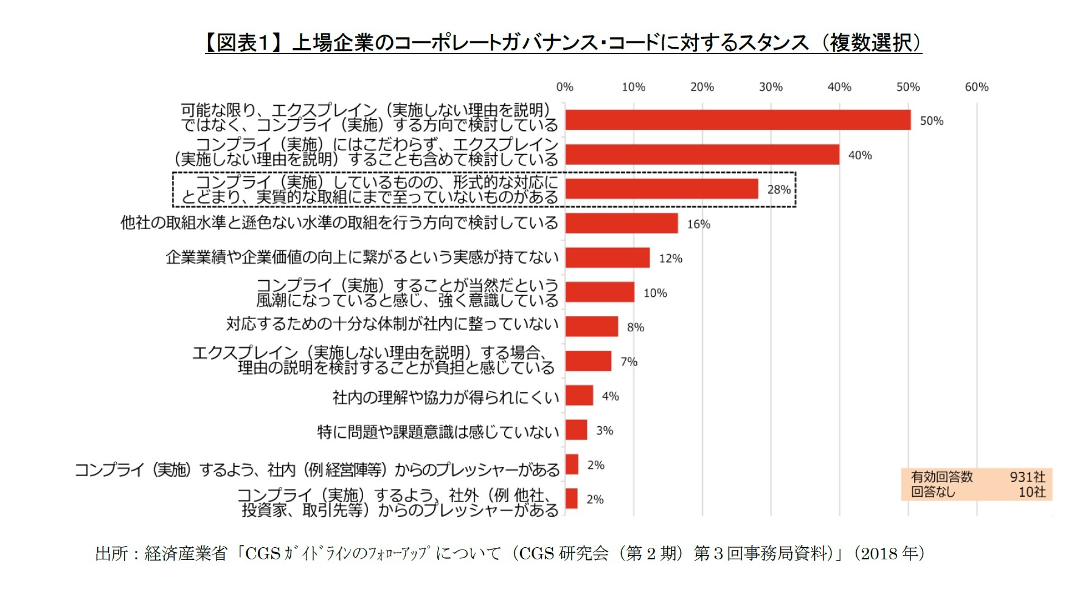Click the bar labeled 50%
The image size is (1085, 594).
[738, 120]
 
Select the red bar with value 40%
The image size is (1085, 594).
[702, 154]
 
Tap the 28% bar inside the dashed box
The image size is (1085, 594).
[662, 189]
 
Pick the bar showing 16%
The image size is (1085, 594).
[621, 223]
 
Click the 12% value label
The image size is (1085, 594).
[670, 258]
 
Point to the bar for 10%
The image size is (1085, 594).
[600, 292]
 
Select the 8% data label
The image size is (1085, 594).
[636, 327]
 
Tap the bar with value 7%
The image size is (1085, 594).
[588, 361]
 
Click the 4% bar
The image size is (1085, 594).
[579, 396]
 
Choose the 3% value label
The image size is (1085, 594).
[605, 430]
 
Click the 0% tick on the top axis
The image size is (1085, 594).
[564, 87]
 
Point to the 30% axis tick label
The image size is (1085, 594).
[771, 87]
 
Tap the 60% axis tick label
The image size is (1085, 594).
[976, 87]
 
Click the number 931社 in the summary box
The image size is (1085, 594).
[1027, 477]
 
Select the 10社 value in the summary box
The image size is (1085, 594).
[1031, 492]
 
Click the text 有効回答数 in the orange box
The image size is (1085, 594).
[941, 477]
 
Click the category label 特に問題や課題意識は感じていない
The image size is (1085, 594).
[438, 432]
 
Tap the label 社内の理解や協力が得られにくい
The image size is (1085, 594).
[445, 397]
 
